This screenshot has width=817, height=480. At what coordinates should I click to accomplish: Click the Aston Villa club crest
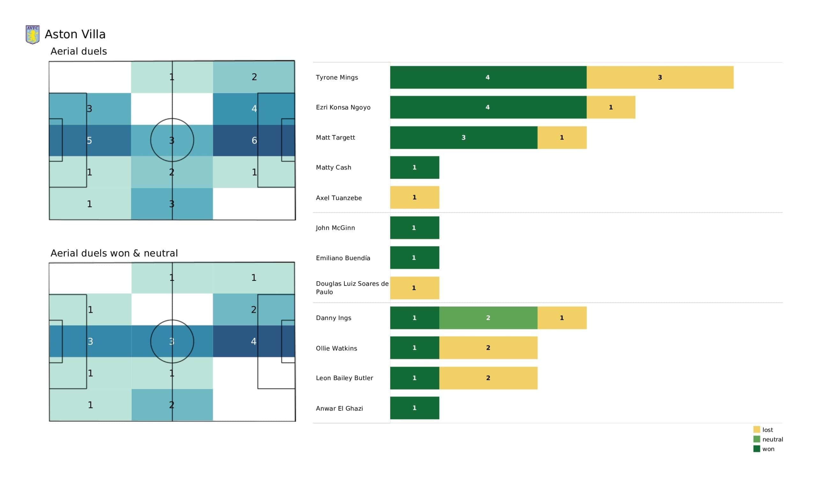point(33,35)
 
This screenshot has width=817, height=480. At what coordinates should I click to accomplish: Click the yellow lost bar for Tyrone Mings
point(660,77)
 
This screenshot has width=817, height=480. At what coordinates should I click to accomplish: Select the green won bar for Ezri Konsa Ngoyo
point(488,107)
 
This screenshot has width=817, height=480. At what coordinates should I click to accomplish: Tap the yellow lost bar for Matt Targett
point(562,138)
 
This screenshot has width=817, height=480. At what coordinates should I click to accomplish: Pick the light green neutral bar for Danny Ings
point(488,318)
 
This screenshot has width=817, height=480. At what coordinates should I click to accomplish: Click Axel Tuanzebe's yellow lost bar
point(415,197)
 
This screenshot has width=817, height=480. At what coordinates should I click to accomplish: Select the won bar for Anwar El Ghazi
point(415,408)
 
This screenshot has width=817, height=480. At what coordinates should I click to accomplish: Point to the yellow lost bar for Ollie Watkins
point(488,348)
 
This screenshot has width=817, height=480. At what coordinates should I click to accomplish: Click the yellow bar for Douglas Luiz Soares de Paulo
point(415,288)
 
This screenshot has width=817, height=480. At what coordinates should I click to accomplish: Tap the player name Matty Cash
point(333,168)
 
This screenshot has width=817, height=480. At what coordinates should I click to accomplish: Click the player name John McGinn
point(335,228)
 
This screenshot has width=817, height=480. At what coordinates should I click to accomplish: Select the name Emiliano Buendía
point(343,258)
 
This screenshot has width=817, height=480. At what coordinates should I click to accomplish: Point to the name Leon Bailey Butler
point(344,378)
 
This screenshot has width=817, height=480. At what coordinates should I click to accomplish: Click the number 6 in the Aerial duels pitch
point(254,140)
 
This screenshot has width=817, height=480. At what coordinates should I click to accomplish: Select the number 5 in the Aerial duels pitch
point(89,140)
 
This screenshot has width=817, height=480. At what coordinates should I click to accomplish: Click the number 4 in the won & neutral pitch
point(253,341)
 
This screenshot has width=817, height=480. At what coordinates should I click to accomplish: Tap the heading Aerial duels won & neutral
point(114,253)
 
